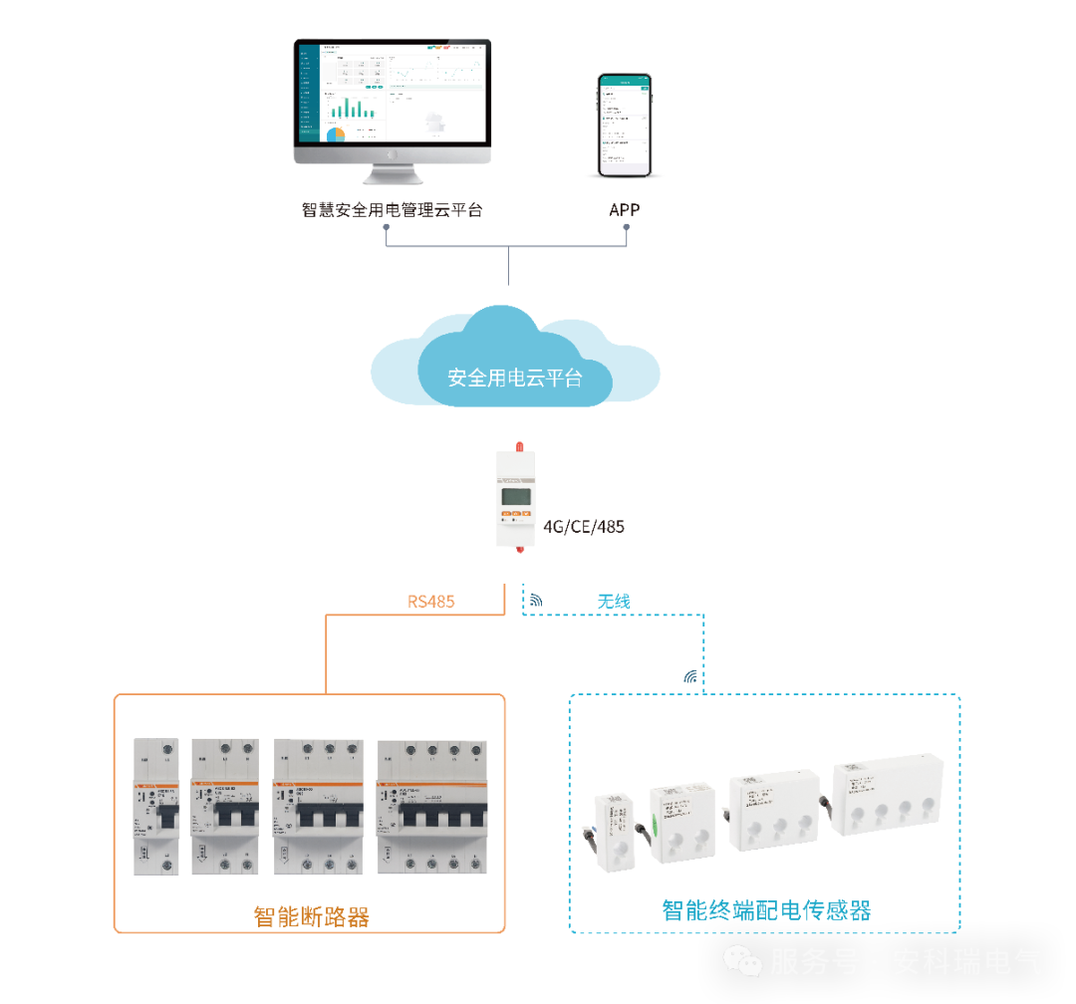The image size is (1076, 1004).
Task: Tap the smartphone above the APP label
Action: coord(625,125)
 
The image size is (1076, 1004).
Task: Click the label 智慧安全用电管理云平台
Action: coord(392,210)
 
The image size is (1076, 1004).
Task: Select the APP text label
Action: coord(625,210)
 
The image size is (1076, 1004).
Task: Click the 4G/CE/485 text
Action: coord(584,527)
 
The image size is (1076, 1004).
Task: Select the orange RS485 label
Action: coord(431,602)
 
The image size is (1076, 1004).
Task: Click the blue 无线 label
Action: coord(614,602)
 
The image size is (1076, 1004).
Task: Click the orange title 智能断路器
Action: coord(312,916)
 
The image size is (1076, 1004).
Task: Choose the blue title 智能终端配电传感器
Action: coord(766,909)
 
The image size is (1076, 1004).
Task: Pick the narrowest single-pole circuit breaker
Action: coord(156,807)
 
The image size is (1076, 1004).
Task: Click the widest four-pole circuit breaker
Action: coord(432,808)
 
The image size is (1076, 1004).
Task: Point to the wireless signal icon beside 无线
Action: coord(536,601)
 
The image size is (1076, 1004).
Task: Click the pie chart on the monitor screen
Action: coord(336,133)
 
